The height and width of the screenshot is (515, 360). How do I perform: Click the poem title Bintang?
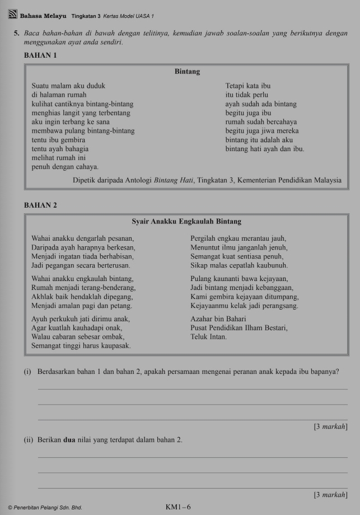click(187, 72)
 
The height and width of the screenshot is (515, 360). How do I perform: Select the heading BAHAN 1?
click(41, 55)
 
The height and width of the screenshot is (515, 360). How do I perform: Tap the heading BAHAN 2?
click(41, 205)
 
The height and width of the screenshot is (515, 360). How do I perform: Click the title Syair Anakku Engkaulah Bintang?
click(186, 222)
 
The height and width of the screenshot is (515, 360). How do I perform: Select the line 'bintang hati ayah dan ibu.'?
click(265, 149)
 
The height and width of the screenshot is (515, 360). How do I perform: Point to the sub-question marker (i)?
click(27, 372)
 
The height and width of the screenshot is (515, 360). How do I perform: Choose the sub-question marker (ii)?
click(28, 441)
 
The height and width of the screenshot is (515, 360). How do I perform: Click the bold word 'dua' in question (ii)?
click(69, 441)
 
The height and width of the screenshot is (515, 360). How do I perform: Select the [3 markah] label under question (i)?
click(330, 427)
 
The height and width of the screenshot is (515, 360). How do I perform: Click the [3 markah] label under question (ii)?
click(330, 495)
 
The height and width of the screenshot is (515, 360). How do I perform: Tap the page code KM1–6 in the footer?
click(178, 507)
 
